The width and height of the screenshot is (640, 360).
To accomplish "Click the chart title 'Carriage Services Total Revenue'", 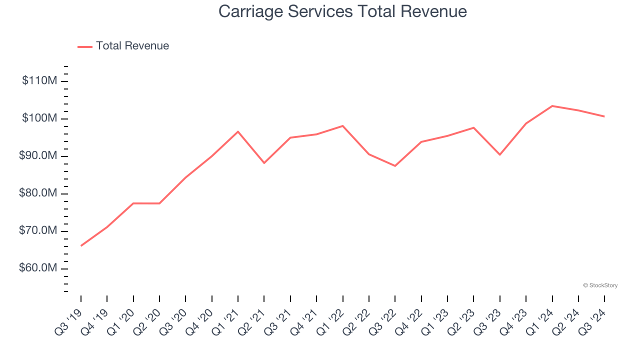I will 342,11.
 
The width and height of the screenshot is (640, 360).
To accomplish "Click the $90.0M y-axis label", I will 38,156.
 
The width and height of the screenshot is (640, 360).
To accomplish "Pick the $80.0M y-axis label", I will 38,193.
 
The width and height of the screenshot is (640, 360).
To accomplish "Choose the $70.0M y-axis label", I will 38,231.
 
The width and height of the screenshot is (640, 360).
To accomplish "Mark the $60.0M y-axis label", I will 38,268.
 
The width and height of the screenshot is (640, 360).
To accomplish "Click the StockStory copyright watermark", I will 600,285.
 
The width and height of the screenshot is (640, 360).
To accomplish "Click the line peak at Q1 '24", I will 552,106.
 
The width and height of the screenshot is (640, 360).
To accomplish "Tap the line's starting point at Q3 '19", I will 81,245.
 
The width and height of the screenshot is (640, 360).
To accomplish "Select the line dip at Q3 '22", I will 395,166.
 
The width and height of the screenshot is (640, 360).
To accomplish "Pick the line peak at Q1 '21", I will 238,131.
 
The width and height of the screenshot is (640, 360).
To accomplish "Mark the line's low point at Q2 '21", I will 264,163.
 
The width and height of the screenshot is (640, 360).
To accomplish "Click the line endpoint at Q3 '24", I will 604,116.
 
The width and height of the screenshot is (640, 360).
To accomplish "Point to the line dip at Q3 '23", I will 499,154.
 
